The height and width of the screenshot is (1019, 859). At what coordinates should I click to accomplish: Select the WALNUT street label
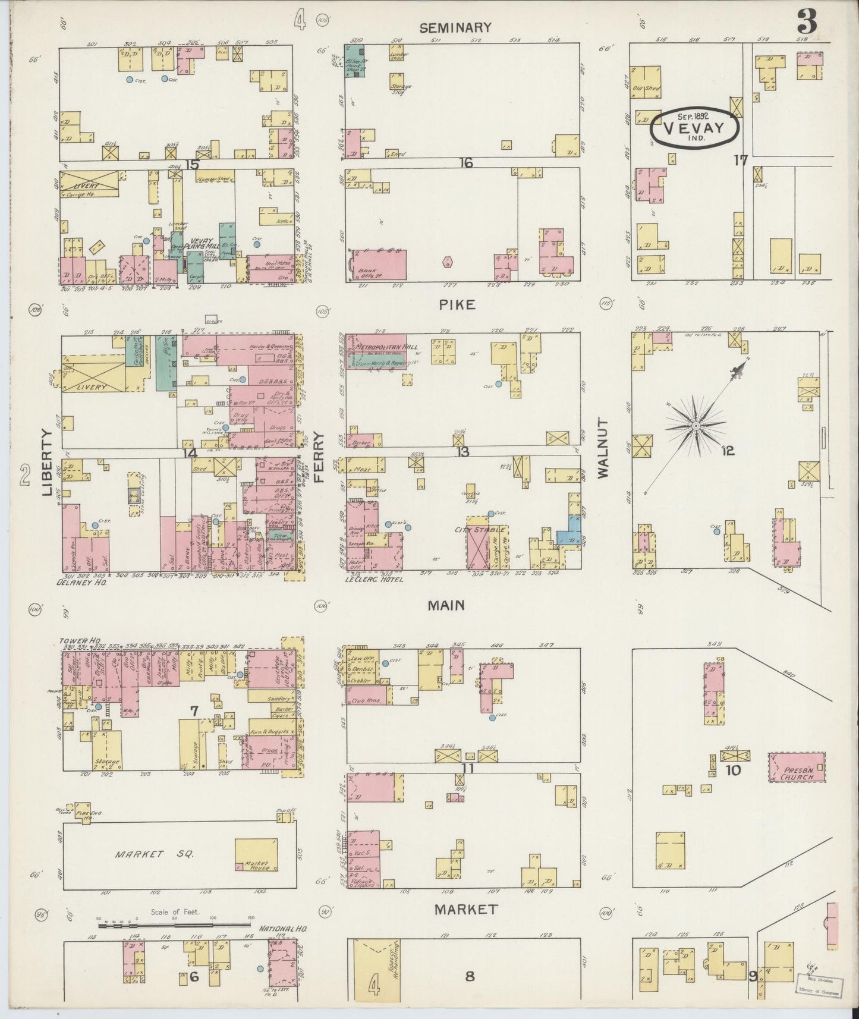tap(603, 448)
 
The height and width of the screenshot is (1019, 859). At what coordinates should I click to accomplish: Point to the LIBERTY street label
tap(48, 463)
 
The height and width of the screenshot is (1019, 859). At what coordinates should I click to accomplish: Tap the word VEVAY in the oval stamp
tap(693, 128)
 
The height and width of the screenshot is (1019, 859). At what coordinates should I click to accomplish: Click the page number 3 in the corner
tap(807, 23)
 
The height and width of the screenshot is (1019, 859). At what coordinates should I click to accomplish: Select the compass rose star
tap(695, 426)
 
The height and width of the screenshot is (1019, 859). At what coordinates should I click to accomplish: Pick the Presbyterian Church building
tap(797, 767)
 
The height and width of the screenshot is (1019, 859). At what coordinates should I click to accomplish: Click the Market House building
tap(256, 854)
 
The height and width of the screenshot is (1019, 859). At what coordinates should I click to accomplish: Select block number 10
tap(734, 770)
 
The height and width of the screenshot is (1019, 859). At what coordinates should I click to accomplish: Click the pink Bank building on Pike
tap(377, 265)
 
